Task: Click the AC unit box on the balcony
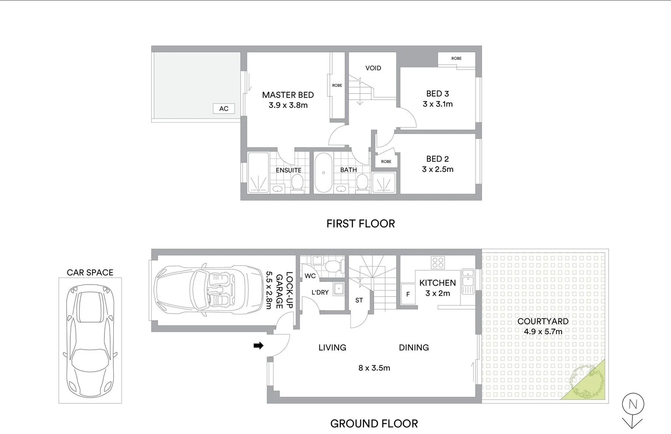point(224,108)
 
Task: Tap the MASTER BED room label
point(288,95)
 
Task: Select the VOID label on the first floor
point(373,68)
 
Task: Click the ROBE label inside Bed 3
point(456,59)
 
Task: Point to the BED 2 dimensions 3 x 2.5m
point(438,170)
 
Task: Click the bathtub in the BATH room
point(323,173)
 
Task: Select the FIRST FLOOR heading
point(360,224)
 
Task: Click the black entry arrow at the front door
point(258,346)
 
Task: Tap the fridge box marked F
point(408,294)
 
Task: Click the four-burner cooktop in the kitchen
point(438,263)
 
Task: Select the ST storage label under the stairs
point(359,300)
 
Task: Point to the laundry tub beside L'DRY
point(339,288)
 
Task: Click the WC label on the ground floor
point(310,276)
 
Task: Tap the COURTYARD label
point(543,321)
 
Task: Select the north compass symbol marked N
point(633,404)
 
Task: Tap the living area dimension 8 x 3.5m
point(374,368)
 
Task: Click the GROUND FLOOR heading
point(374,424)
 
